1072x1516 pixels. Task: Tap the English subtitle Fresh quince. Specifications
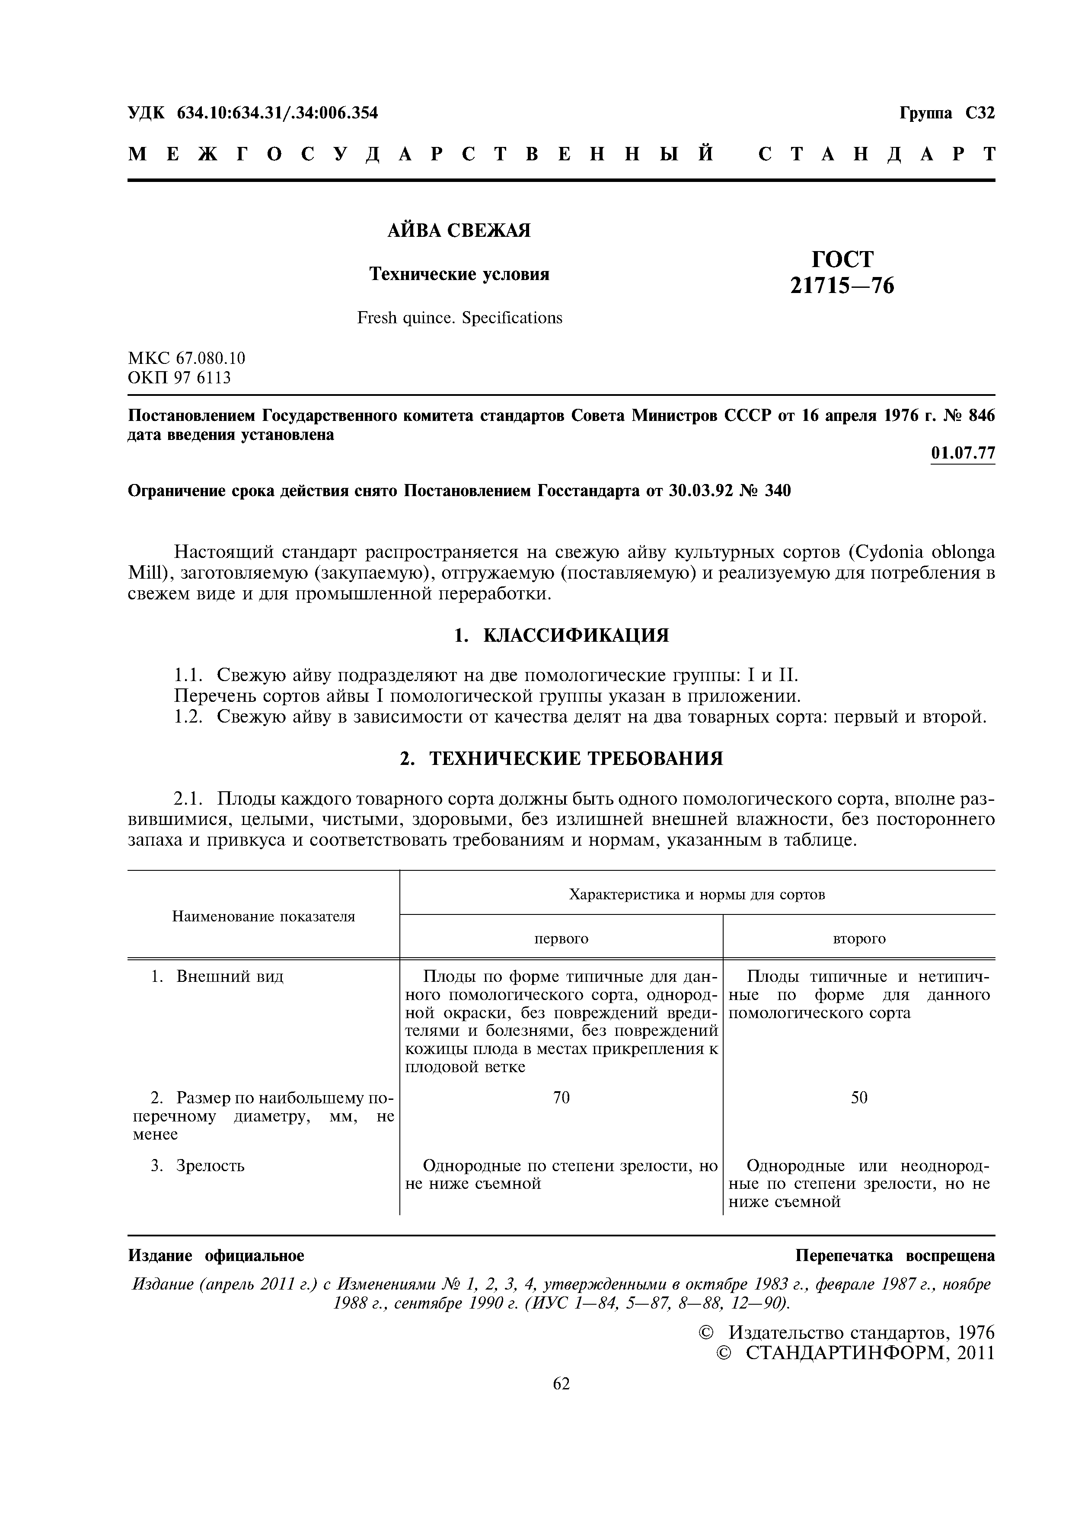coord(460,318)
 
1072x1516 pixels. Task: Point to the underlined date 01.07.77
coord(962,453)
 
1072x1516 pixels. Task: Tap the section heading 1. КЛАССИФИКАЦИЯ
coord(561,635)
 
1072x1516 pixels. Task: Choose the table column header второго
coord(858,938)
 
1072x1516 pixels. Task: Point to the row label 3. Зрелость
coord(198,1166)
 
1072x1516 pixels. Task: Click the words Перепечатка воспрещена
coord(895,1255)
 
